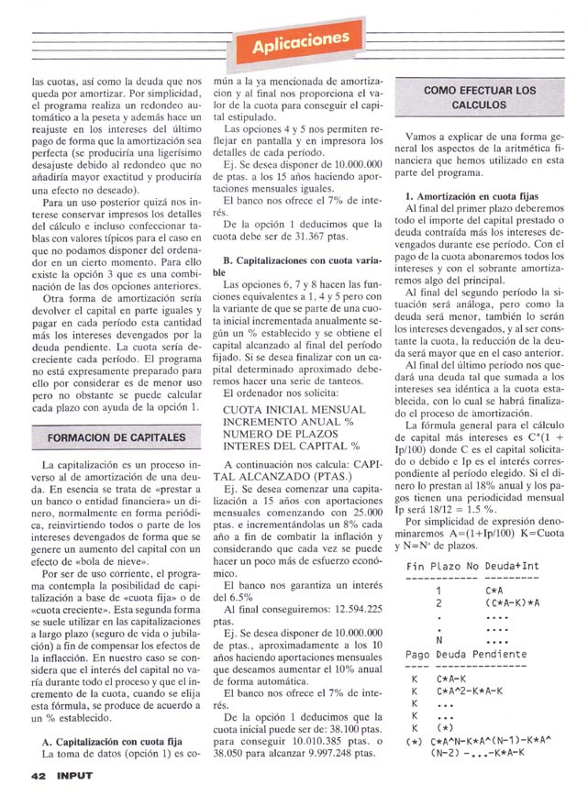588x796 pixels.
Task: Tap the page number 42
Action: click(x=38, y=775)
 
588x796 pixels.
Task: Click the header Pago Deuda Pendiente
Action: click(x=466, y=654)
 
